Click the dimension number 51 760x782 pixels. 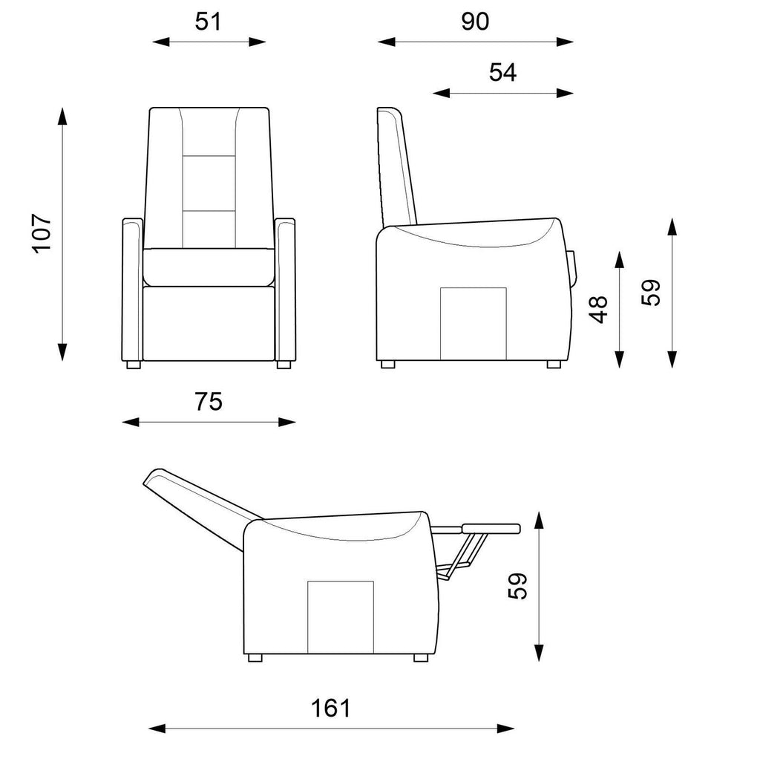pyautogui.click(x=208, y=22)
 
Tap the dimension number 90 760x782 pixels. pyautogui.click(x=475, y=22)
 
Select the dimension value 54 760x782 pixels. pyautogui.click(x=502, y=72)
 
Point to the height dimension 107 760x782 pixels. pyautogui.click(x=42, y=234)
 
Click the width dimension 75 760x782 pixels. pyautogui.click(x=209, y=402)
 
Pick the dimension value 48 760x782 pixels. pyautogui.click(x=598, y=310)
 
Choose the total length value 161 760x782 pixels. pyautogui.click(x=331, y=708)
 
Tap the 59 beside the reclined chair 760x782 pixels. pyautogui.click(x=517, y=587)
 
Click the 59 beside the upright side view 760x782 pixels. pyautogui.click(x=651, y=293)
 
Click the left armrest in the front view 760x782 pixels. pyautogui.click(x=133, y=290)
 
